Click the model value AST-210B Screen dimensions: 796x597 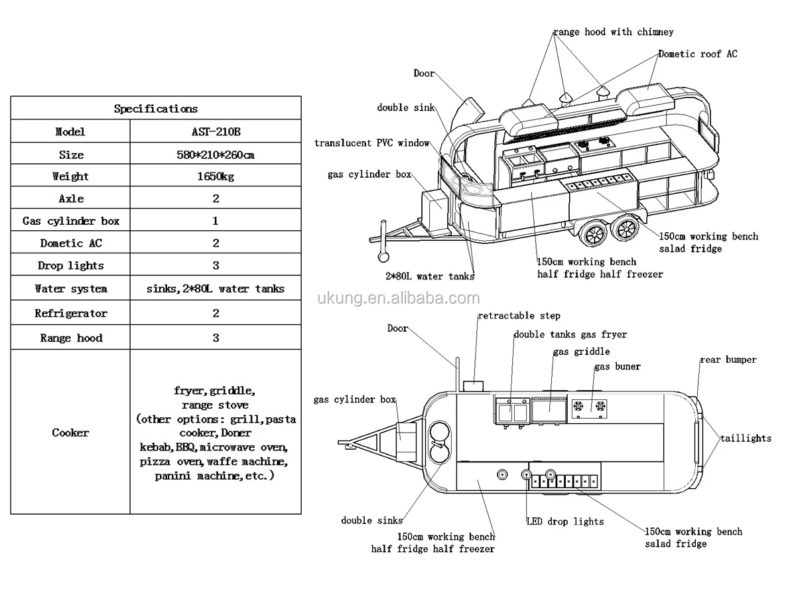(216, 131)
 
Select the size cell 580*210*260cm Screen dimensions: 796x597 (216, 155)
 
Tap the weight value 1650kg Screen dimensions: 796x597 (216, 176)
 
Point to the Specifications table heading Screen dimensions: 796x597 (156, 108)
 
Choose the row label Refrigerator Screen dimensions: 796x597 (71, 313)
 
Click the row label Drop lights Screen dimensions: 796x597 (71, 265)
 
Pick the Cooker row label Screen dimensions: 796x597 (70, 432)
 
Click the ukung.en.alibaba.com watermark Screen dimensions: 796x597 (398, 298)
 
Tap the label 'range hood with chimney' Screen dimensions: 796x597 (614, 32)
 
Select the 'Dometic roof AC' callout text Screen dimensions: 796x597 (698, 54)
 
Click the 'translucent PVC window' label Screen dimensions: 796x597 (371, 143)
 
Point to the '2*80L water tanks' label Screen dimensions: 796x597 (430, 277)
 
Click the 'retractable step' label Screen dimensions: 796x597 (519, 316)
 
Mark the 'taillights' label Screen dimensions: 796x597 (746, 438)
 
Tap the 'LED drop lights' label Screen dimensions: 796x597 (565, 521)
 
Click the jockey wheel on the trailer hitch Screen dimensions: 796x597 (383, 257)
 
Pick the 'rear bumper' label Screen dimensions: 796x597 (728, 360)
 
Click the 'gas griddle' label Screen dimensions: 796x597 (581, 352)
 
